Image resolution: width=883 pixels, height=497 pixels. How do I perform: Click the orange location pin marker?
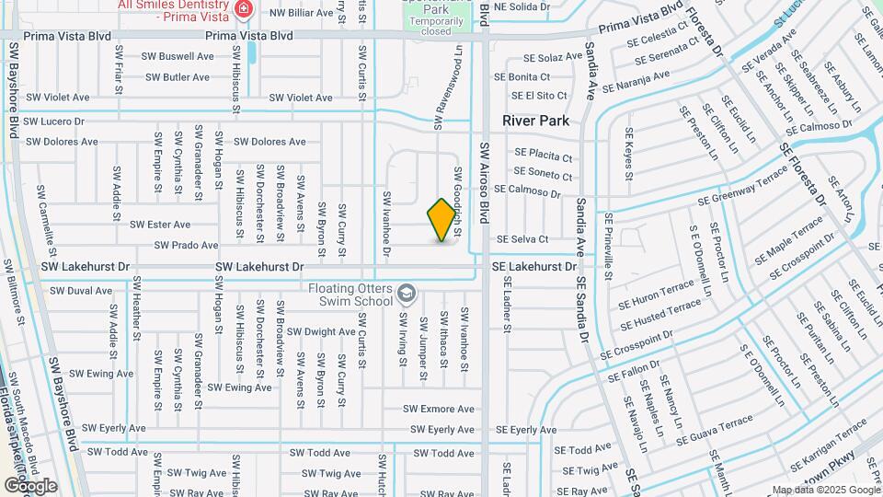coord(442,220)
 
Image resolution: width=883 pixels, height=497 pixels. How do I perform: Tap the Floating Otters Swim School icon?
coord(406,295)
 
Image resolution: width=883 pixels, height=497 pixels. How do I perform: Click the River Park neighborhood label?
coord(535,121)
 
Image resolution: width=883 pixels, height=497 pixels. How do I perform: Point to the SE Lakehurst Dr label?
coord(533,266)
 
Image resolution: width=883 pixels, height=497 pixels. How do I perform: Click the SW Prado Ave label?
coord(186,246)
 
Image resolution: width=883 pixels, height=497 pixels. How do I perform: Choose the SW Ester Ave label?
coord(160,225)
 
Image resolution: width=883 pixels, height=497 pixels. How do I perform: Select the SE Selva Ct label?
coord(522,239)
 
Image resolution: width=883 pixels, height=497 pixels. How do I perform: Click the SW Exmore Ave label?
coord(439,409)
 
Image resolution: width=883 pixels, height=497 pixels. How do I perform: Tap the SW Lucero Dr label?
coord(53,121)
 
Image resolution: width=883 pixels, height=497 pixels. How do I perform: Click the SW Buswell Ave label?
coord(178,56)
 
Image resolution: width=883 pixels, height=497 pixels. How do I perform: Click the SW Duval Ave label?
coord(81,290)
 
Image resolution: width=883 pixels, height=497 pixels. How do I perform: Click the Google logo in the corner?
coord(30,485)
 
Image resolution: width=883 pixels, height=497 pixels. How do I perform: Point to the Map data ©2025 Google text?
coord(824,490)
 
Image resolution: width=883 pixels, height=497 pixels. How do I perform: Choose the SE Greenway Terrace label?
coord(742,190)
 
